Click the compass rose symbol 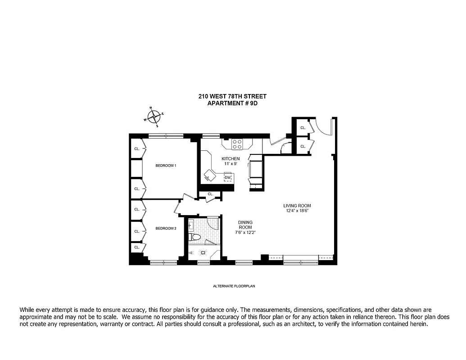point(154,117)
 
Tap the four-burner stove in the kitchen point(237,144)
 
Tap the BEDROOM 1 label point(166,166)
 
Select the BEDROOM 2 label point(166,229)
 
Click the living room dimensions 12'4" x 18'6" point(298,211)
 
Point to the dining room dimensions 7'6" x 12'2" point(245,232)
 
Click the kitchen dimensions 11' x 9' point(230,164)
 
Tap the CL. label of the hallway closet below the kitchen point(210,194)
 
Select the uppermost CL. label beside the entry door point(303,128)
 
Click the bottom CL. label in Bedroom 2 point(137,247)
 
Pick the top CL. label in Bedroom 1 point(137,148)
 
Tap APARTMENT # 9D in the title point(232,103)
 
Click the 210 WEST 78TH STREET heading point(232,96)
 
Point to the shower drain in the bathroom point(203,252)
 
